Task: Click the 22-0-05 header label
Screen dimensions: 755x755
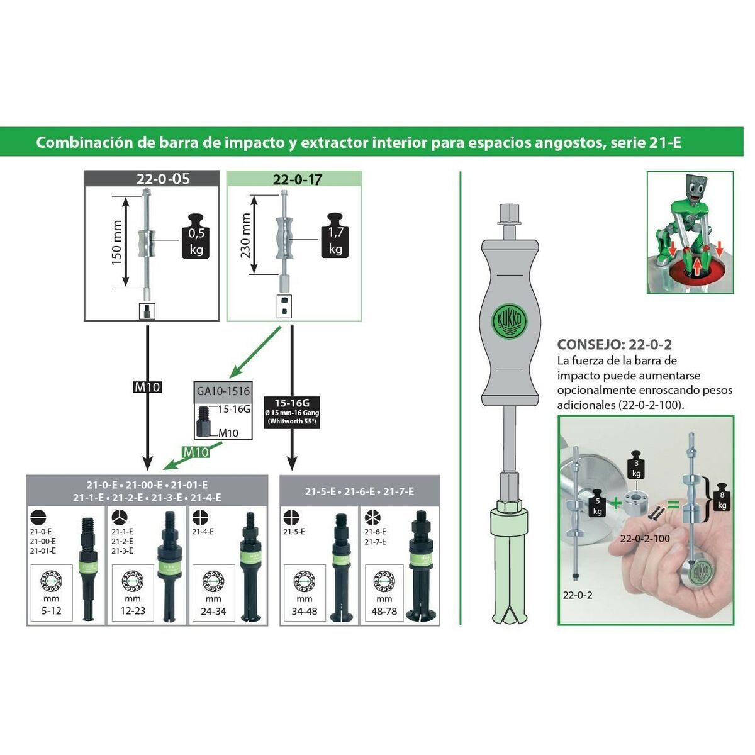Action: [163, 179]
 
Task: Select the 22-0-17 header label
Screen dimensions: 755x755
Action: [297, 179]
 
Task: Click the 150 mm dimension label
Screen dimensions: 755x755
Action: [117, 243]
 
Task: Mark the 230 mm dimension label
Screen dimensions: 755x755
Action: [245, 235]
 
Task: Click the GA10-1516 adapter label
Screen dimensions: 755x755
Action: [223, 391]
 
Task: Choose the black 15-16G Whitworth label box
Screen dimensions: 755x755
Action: [293, 412]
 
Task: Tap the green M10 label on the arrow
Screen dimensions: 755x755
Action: [196, 452]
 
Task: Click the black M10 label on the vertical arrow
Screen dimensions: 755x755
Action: [147, 388]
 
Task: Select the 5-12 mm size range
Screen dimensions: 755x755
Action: [52, 611]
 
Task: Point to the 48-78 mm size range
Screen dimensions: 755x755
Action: [384, 611]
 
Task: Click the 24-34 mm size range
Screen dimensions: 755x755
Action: [213, 611]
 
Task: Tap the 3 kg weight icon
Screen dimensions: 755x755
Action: [636, 467]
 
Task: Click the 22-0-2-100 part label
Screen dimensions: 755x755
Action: [645, 539]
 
